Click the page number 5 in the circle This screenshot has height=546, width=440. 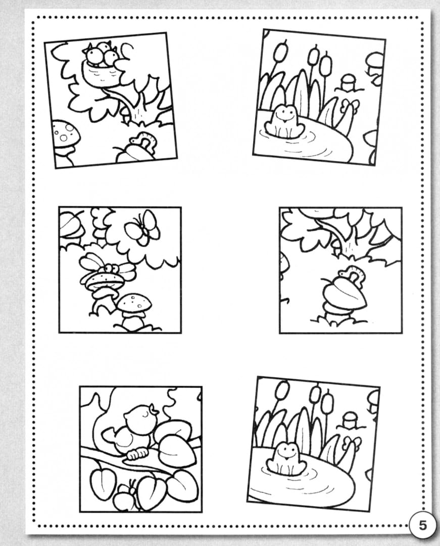(422, 525)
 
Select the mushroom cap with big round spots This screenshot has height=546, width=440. (66, 133)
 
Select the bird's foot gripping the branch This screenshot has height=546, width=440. (137, 453)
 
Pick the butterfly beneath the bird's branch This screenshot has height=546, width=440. (126, 491)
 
